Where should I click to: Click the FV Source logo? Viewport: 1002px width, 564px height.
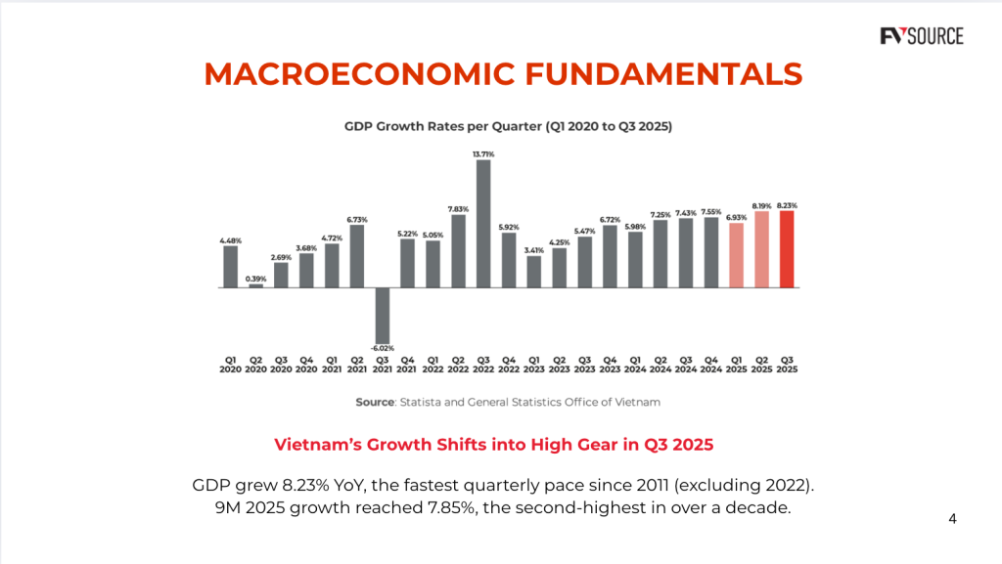point(921,37)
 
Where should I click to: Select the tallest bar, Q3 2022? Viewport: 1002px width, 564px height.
point(483,224)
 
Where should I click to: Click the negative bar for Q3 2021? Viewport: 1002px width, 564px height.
point(382,315)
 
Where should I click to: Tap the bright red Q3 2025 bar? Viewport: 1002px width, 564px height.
point(787,249)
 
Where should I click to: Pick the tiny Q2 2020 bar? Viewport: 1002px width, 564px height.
point(255,285)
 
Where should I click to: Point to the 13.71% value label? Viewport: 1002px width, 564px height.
point(483,153)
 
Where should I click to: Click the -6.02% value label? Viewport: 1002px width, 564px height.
point(382,348)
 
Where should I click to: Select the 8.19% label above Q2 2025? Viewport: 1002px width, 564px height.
point(761,206)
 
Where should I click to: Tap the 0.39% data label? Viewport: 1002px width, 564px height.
point(255,278)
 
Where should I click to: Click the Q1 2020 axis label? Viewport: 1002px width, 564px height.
point(230,365)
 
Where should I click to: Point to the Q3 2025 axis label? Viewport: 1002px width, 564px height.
point(787,365)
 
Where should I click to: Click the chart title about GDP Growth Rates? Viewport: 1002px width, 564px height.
point(507,126)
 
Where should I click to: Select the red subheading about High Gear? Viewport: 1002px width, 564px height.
point(493,445)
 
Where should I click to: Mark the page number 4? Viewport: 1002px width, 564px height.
point(953,519)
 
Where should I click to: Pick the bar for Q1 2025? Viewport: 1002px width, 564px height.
point(736,255)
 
